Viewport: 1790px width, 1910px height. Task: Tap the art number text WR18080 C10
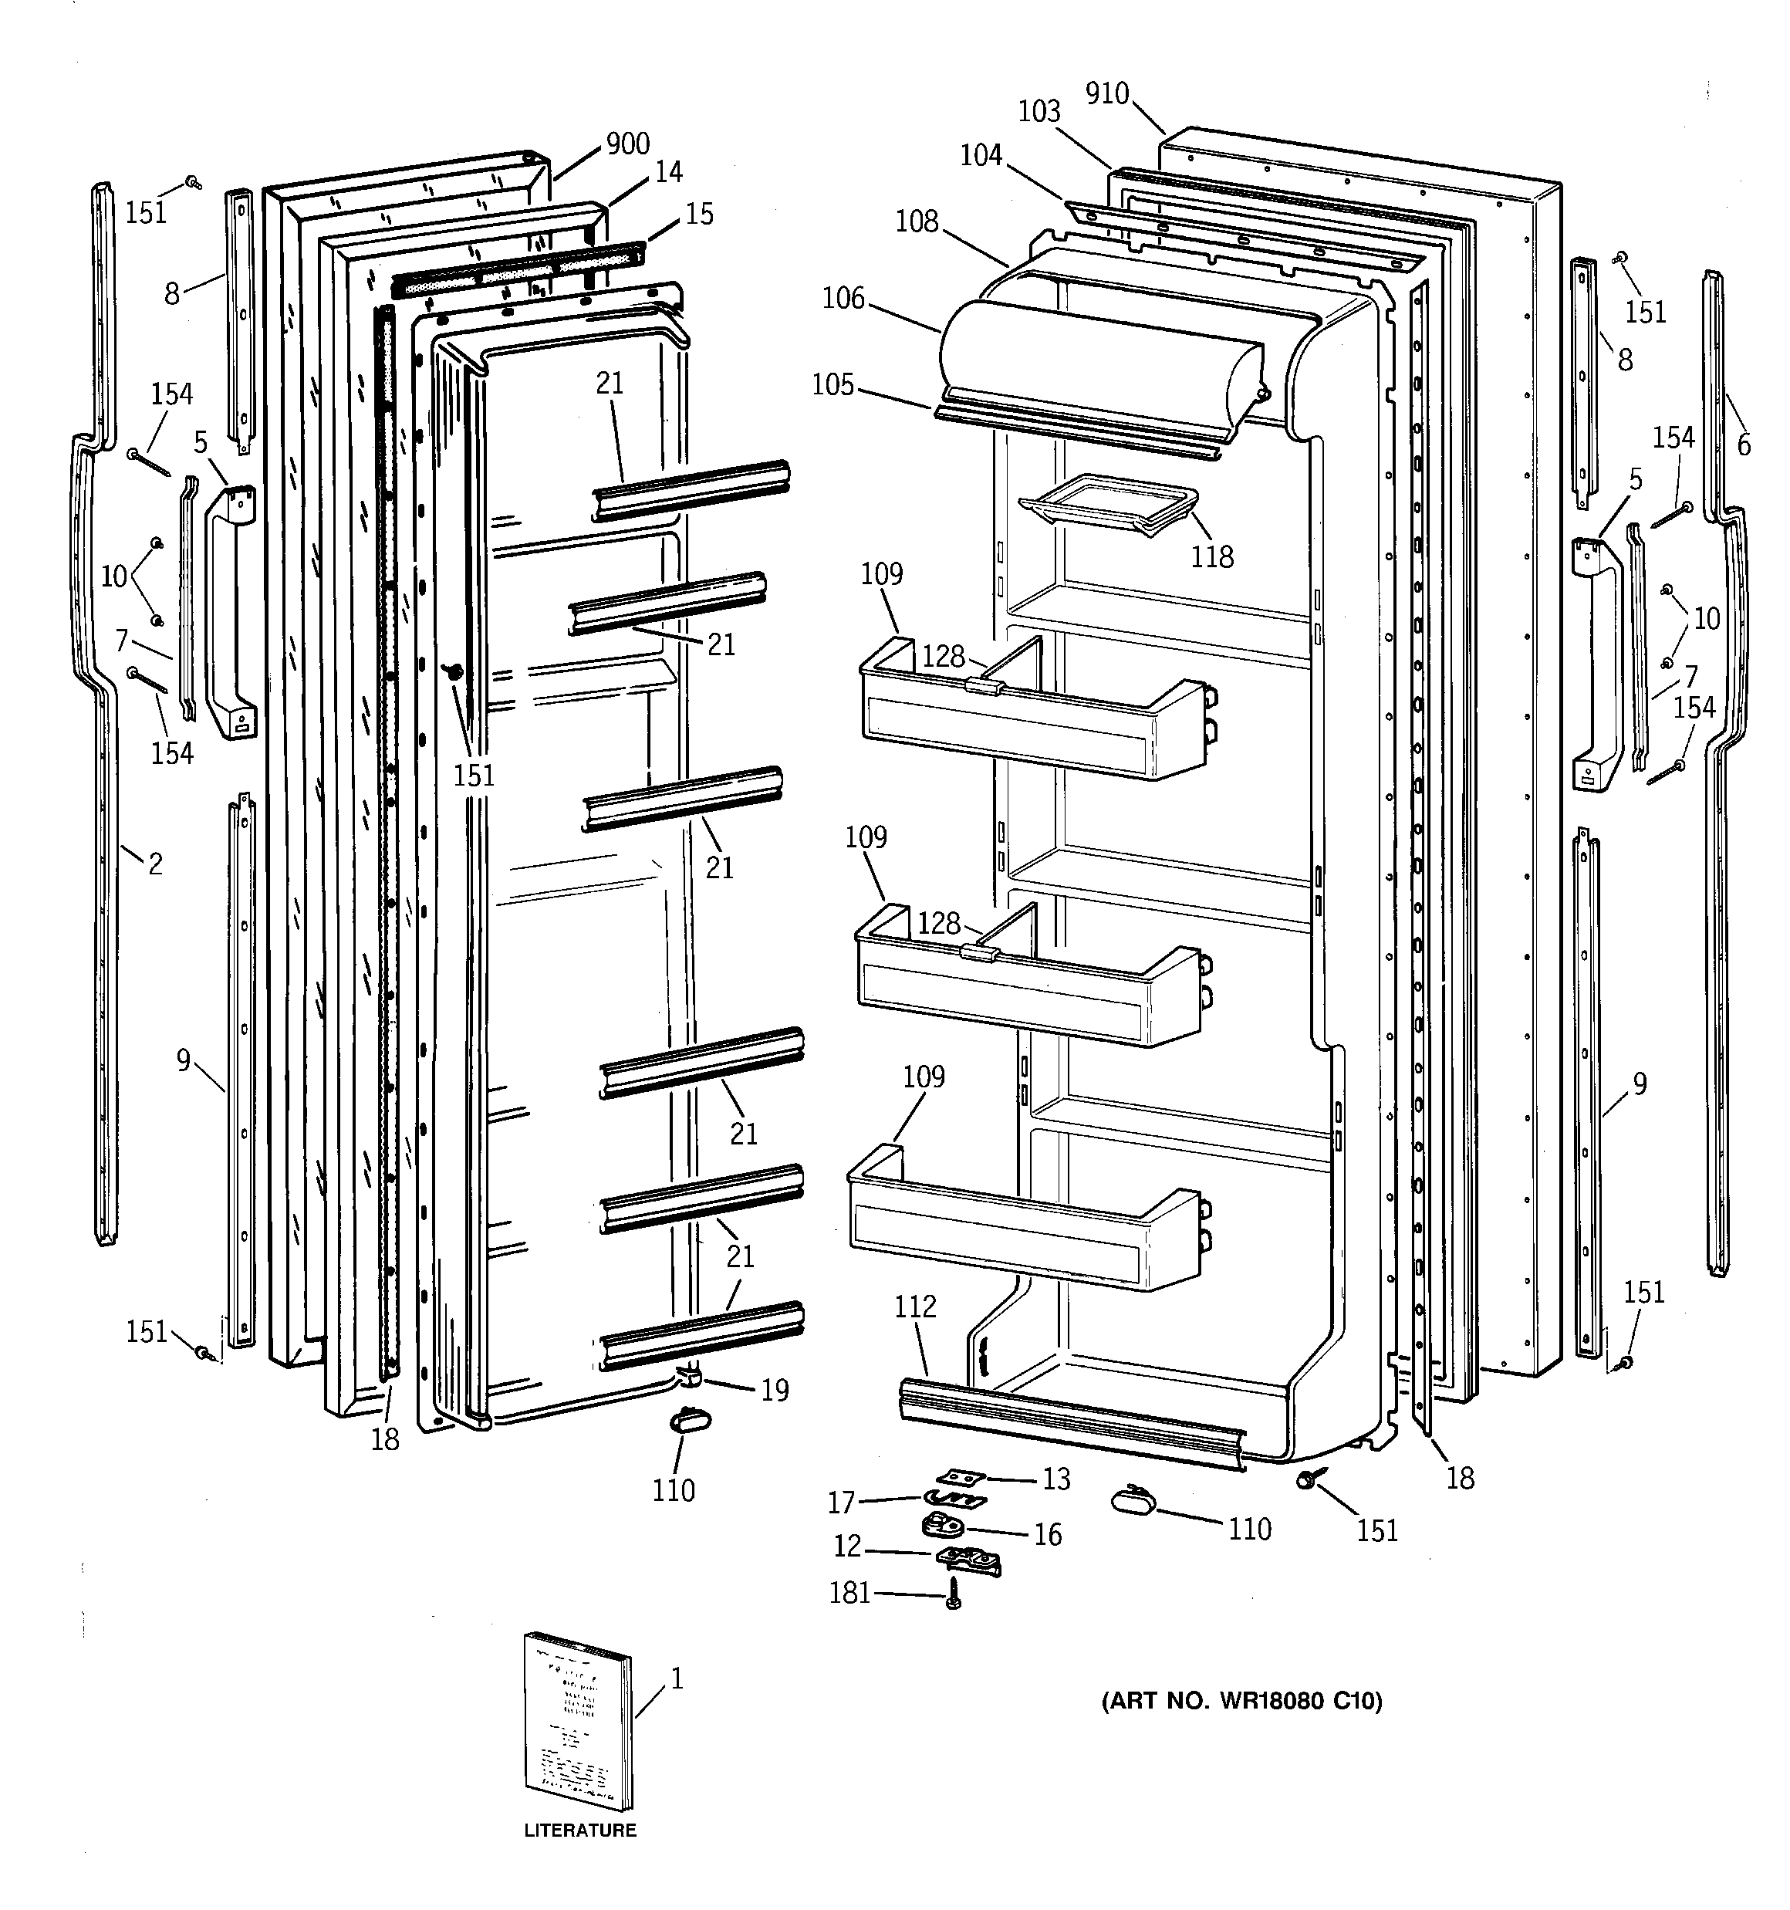[1241, 1702]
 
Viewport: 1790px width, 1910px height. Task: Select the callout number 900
[627, 144]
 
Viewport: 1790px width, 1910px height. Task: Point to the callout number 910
[1107, 93]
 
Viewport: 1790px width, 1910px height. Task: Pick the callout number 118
[1211, 556]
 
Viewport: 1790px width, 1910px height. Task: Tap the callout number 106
[843, 299]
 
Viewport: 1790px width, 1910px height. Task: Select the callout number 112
[915, 1307]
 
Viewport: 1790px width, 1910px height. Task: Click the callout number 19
[775, 1390]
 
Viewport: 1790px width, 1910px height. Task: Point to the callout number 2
[154, 864]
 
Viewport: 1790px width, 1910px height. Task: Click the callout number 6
[1743, 445]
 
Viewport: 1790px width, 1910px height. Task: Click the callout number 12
[847, 1546]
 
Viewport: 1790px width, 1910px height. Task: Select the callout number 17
[841, 1503]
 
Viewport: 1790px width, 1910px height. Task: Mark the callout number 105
[833, 384]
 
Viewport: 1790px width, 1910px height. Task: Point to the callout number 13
[1056, 1479]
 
